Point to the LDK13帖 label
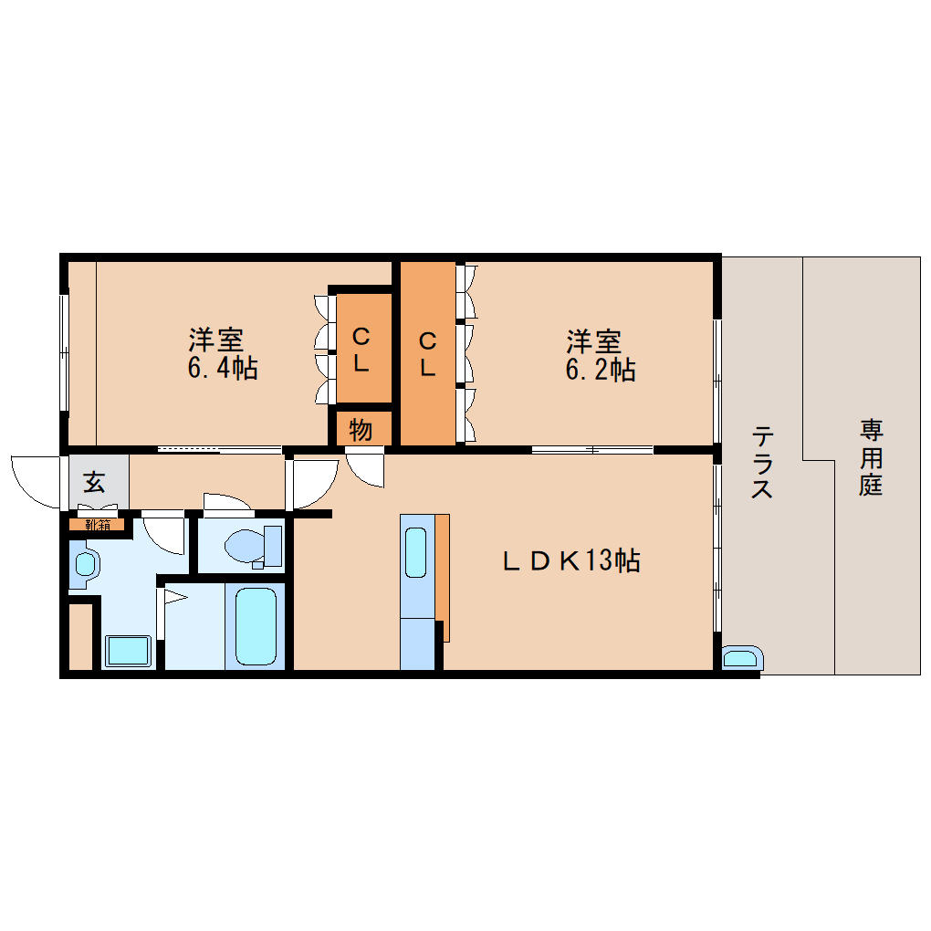[x=572, y=560]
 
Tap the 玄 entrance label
[x=94, y=480]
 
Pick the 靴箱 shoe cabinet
[x=98, y=524]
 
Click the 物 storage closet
[x=361, y=429]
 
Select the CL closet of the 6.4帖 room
[x=361, y=350]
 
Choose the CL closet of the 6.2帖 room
[x=427, y=354]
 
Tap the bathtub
[x=256, y=626]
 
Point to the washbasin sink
[x=84, y=562]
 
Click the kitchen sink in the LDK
[x=414, y=552]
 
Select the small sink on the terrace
[x=740, y=658]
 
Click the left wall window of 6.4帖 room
[x=64, y=351]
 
